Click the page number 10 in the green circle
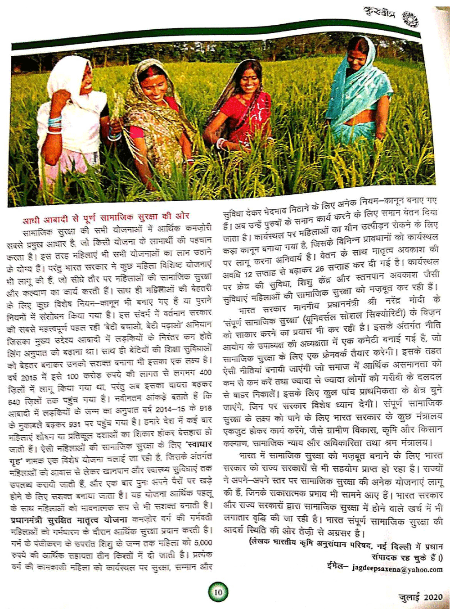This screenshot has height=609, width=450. pos(218,592)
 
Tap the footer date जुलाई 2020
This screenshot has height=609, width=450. pos(420,597)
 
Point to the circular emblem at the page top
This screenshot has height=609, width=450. pos(410,19)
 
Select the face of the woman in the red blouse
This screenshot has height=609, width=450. pos(249,81)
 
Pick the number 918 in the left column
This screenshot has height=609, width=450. pos(205,408)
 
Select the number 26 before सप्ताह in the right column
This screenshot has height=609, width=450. pos(320,269)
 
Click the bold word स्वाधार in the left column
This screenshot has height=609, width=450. pos(196,447)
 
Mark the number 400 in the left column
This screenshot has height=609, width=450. pos(205,372)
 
